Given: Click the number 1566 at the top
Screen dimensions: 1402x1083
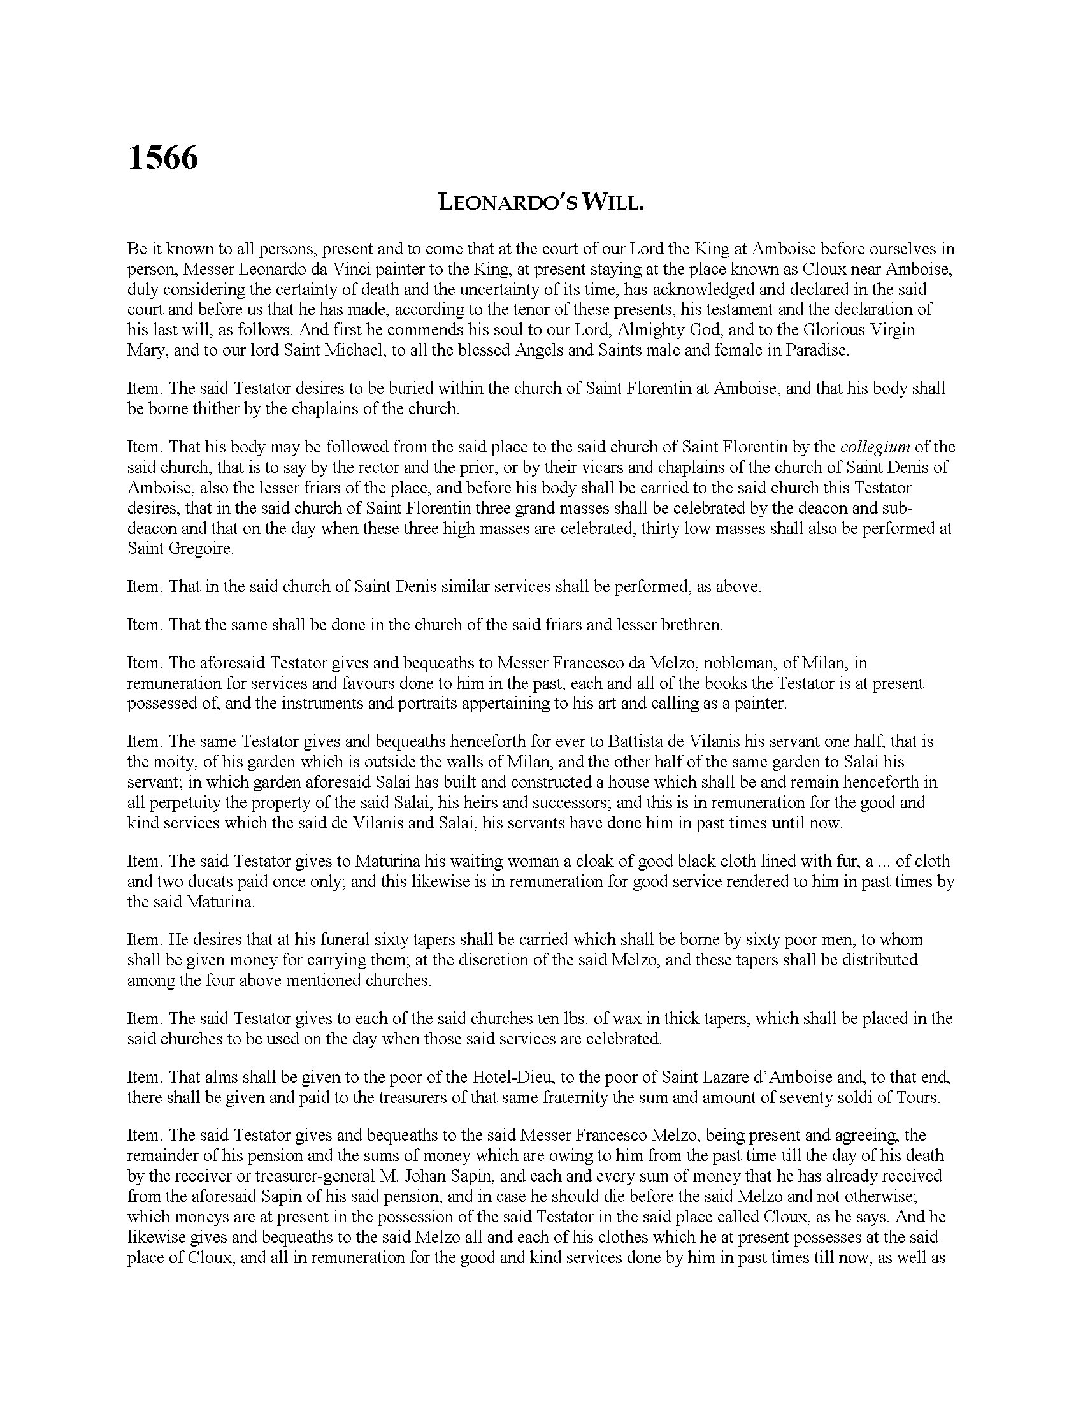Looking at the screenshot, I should (x=163, y=157).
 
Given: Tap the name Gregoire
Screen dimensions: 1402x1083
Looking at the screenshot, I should (x=195, y=549).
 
